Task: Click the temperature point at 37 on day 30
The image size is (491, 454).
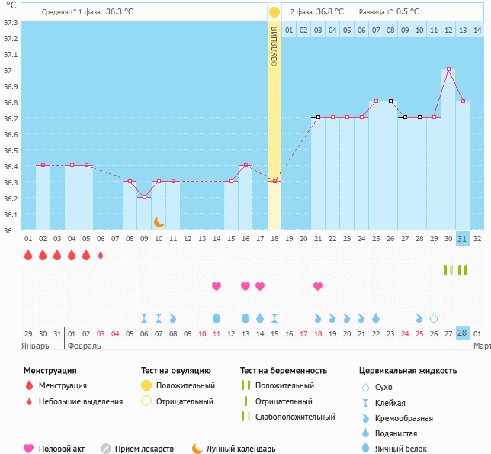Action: click(448, 69)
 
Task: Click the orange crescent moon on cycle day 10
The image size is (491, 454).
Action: click(159, 222)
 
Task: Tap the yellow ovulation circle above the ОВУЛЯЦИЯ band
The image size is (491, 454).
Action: click(274, 12)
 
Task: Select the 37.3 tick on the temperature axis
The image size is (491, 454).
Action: click(11, 23)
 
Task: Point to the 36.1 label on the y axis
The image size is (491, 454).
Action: click(11, 214)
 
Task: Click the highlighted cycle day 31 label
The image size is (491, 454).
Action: click(462, 239)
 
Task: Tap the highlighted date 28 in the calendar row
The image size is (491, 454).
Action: click(462, 333)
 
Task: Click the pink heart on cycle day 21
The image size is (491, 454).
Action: click(318, 286)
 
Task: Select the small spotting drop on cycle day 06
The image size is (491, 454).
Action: click(101, 255)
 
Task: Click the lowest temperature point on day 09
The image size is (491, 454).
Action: click(144, 197)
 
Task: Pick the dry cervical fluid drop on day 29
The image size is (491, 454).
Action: click(434, 318)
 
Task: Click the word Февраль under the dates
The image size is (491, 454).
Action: click(84, 346)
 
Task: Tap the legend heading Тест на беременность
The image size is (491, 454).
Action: click(284, 370)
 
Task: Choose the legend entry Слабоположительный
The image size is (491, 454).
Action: click(295, 417)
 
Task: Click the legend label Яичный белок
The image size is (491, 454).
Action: click(401, 449)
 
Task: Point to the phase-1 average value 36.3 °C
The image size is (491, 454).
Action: click(120, 12)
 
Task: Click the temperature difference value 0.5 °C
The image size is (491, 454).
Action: click(408, 12)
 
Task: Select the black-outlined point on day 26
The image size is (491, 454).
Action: click(390, 101)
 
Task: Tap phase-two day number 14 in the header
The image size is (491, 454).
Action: click(477, 31)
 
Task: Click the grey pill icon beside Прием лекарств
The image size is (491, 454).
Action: click(106, 449)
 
